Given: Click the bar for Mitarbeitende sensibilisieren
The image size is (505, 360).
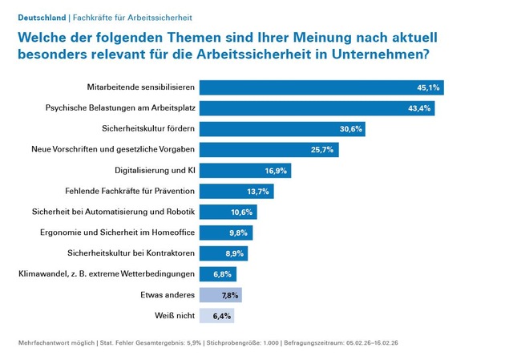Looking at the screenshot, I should pos(321,87).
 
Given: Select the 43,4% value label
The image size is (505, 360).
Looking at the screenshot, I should pos(418,108).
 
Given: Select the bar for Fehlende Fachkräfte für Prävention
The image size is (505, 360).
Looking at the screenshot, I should pos(236,191).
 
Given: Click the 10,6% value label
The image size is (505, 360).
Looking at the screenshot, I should pos(241,212).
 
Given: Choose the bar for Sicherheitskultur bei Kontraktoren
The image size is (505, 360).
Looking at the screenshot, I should pos(223,253).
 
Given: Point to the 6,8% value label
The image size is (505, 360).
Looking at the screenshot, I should pos(223,274).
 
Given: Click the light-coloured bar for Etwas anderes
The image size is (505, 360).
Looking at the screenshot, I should pos(220,295).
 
